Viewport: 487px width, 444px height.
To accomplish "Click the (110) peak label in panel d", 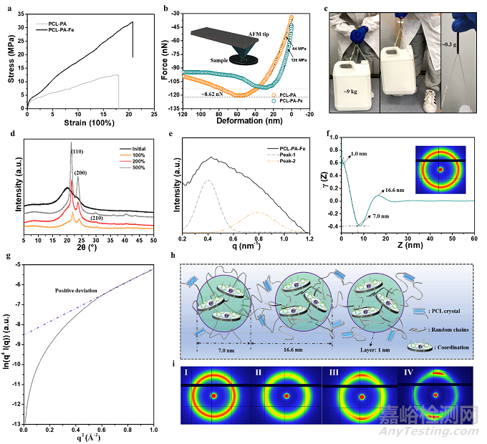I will (77, 153).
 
